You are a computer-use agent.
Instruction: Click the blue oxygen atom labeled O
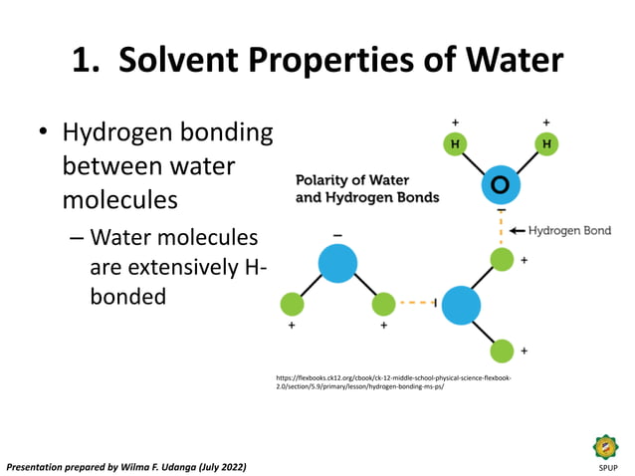pos(500,186)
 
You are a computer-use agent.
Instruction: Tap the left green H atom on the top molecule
pos(455,144)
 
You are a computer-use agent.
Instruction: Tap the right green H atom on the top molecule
pos(545,144)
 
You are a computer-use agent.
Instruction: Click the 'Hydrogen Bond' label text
pos(569,230)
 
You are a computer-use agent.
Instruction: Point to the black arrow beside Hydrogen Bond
pos(517,230)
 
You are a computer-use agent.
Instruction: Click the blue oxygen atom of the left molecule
pos(337,263)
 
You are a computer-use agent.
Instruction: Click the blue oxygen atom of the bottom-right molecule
pos(461,304)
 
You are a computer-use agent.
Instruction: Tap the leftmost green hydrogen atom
pos(292,304)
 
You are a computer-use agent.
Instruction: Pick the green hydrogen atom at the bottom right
pos(503,350)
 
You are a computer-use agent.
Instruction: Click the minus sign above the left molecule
pos(337,235)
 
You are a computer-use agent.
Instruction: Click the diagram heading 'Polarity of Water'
pos(345,180)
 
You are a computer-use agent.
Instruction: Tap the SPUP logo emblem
pos(605,447)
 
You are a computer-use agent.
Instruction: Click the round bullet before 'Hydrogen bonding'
pos(43,133)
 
